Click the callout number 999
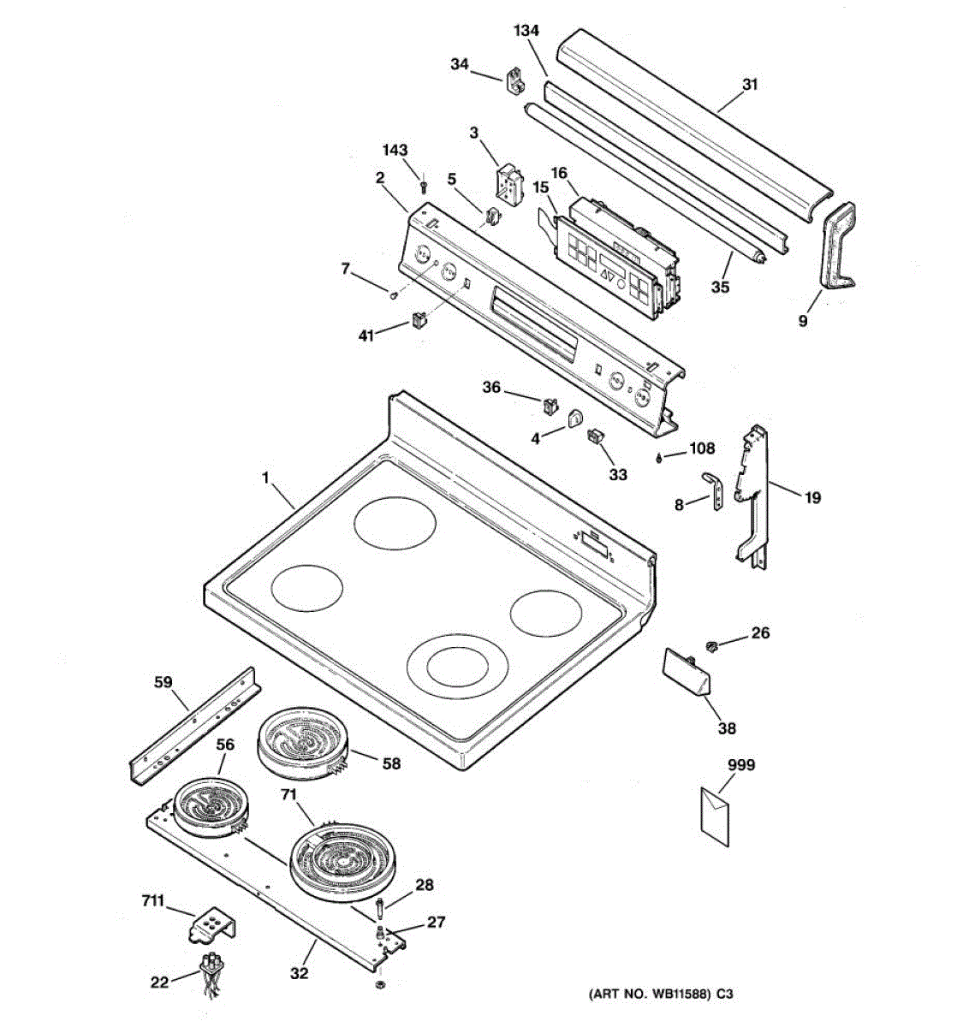[741, 764]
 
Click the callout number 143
[395, 150]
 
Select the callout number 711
[154, 901]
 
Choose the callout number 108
[702, 448]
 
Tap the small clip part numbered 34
[517, 80]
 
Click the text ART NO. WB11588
[651, 995]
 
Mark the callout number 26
[760, 633]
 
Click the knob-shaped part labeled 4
[574, 419]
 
